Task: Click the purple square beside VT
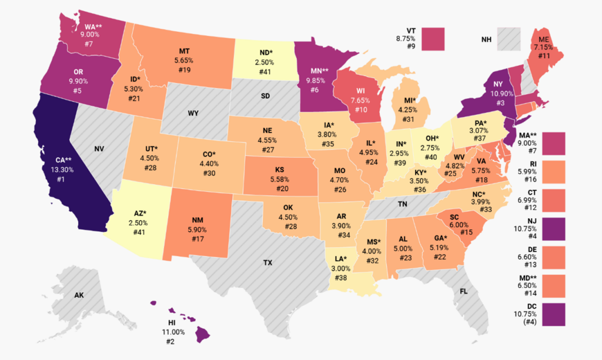432,38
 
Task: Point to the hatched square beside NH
509,38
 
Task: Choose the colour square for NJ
553,229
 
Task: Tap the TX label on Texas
267,262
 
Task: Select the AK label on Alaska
79,295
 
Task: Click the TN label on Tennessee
402,204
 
